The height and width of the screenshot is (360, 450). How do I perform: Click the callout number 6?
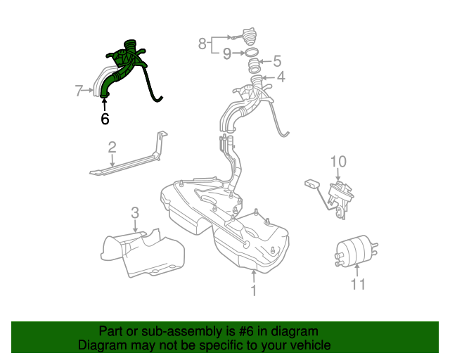coord(105,119)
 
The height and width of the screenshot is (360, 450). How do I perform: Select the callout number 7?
coord(79,90)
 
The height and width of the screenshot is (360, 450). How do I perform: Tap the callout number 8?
coord(202,44)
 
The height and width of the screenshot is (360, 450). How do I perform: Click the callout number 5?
coord(276,61)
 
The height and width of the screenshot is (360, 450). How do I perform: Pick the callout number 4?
coord(280,77)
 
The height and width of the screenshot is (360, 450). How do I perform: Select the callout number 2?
coord(112,147)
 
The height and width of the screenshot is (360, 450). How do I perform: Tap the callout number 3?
coord(135,212)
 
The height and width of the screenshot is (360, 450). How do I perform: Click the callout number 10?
coord(338,162)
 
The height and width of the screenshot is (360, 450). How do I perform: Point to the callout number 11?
coord(359,284)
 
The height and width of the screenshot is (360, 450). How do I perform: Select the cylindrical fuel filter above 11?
coord(355,250)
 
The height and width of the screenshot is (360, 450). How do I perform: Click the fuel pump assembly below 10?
coord(342,193)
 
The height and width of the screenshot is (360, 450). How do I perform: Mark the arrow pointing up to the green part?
coord(105,105)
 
